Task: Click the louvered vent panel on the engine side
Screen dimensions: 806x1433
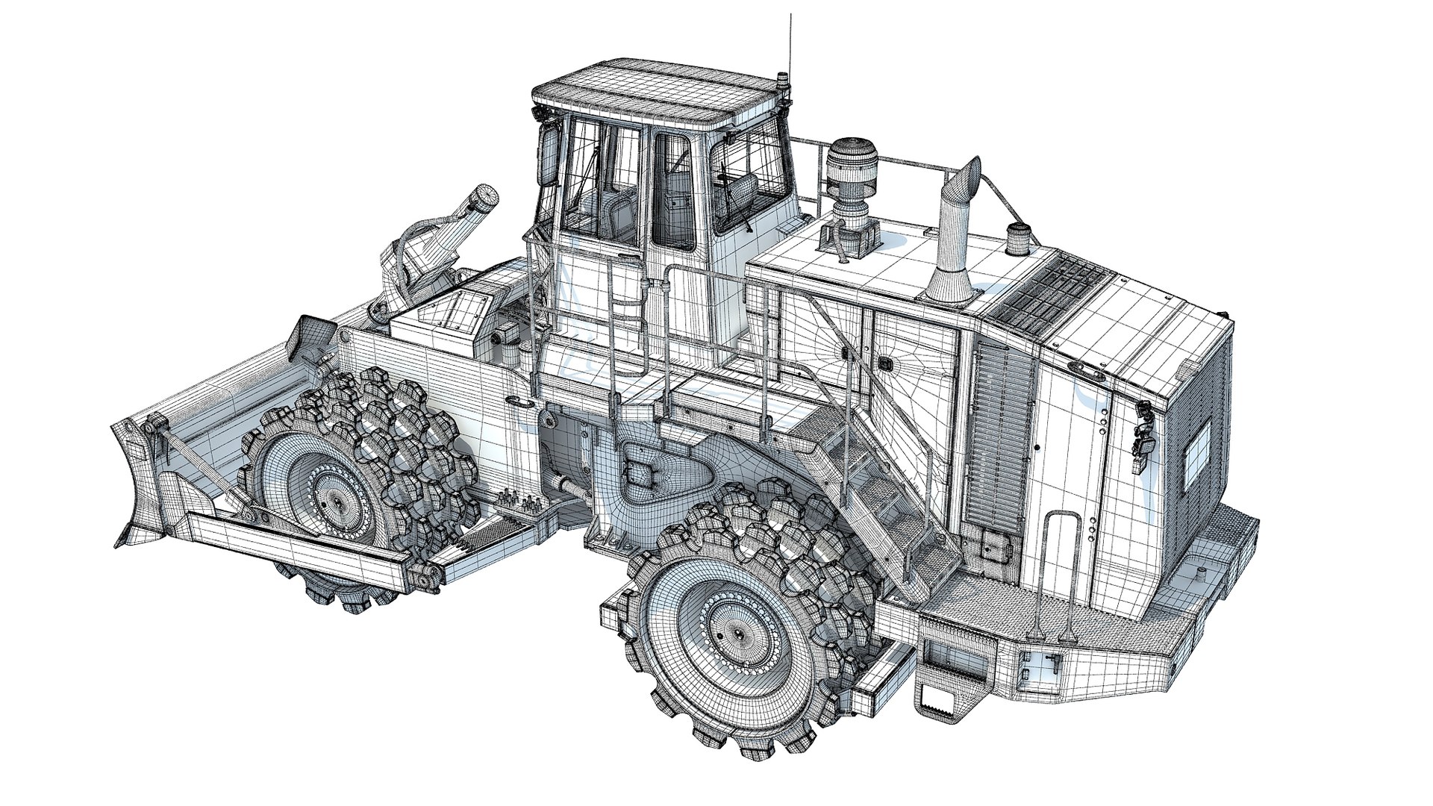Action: tap(1005, 433)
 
